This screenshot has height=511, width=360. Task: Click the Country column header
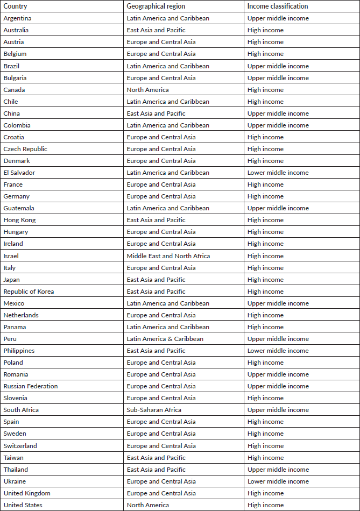pos(15,6)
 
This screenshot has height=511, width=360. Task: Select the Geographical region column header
pos(156,6)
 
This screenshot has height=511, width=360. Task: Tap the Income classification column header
pos(278,6)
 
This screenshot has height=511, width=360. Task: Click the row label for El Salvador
pos(19,173)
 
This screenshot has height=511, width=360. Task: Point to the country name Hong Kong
pos(19,220)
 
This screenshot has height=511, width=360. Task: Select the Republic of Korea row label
pos(29,292)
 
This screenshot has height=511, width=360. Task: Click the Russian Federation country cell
pos(31,386)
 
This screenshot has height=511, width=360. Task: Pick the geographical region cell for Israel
pos(168,256)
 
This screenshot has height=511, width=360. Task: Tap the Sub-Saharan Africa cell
pos(154,410)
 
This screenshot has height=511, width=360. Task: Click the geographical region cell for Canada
pos(147,90)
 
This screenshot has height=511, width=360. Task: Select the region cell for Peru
pos(165,339)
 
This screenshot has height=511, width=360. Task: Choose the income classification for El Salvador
pos(278,173)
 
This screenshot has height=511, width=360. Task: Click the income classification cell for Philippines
pos(278,351)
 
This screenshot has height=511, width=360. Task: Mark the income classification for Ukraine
pos(278,481)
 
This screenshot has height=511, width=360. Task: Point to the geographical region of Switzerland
pos(161,446)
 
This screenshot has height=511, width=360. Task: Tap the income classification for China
pos(278,113)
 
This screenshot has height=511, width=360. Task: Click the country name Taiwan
pos(13,458)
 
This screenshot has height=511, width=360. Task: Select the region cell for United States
pos(147,505)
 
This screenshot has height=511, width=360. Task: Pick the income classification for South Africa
pos(278,410)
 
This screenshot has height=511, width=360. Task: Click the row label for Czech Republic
pos(25,149)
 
